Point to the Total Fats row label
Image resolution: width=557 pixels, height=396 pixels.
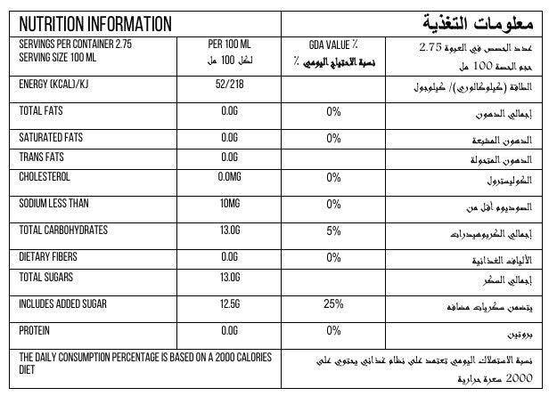point(45,111)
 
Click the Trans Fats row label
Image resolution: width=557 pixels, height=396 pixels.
point(43,158)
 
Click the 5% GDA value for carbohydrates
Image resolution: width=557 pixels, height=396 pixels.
point(333,230)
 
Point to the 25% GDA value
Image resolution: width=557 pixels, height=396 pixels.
point(333,303)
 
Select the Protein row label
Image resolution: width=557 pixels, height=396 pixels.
point(36,330)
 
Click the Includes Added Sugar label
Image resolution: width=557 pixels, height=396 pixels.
point(67,303)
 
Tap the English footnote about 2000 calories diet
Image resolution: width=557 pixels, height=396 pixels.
point(143,363)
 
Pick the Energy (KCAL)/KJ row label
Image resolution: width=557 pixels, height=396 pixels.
point(58,85)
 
